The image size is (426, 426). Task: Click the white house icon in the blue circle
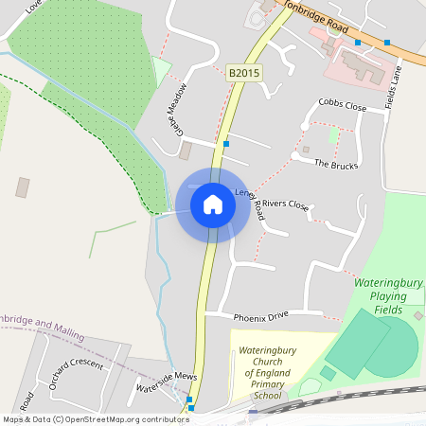pos(213,204)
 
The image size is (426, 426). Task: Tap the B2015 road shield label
pos(244,72)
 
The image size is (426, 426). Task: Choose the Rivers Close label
pos(286,204)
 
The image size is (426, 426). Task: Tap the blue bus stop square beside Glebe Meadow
pos(225,144)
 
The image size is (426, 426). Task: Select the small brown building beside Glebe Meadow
pos(186,151)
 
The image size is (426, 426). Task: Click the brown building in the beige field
pos(23,187)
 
